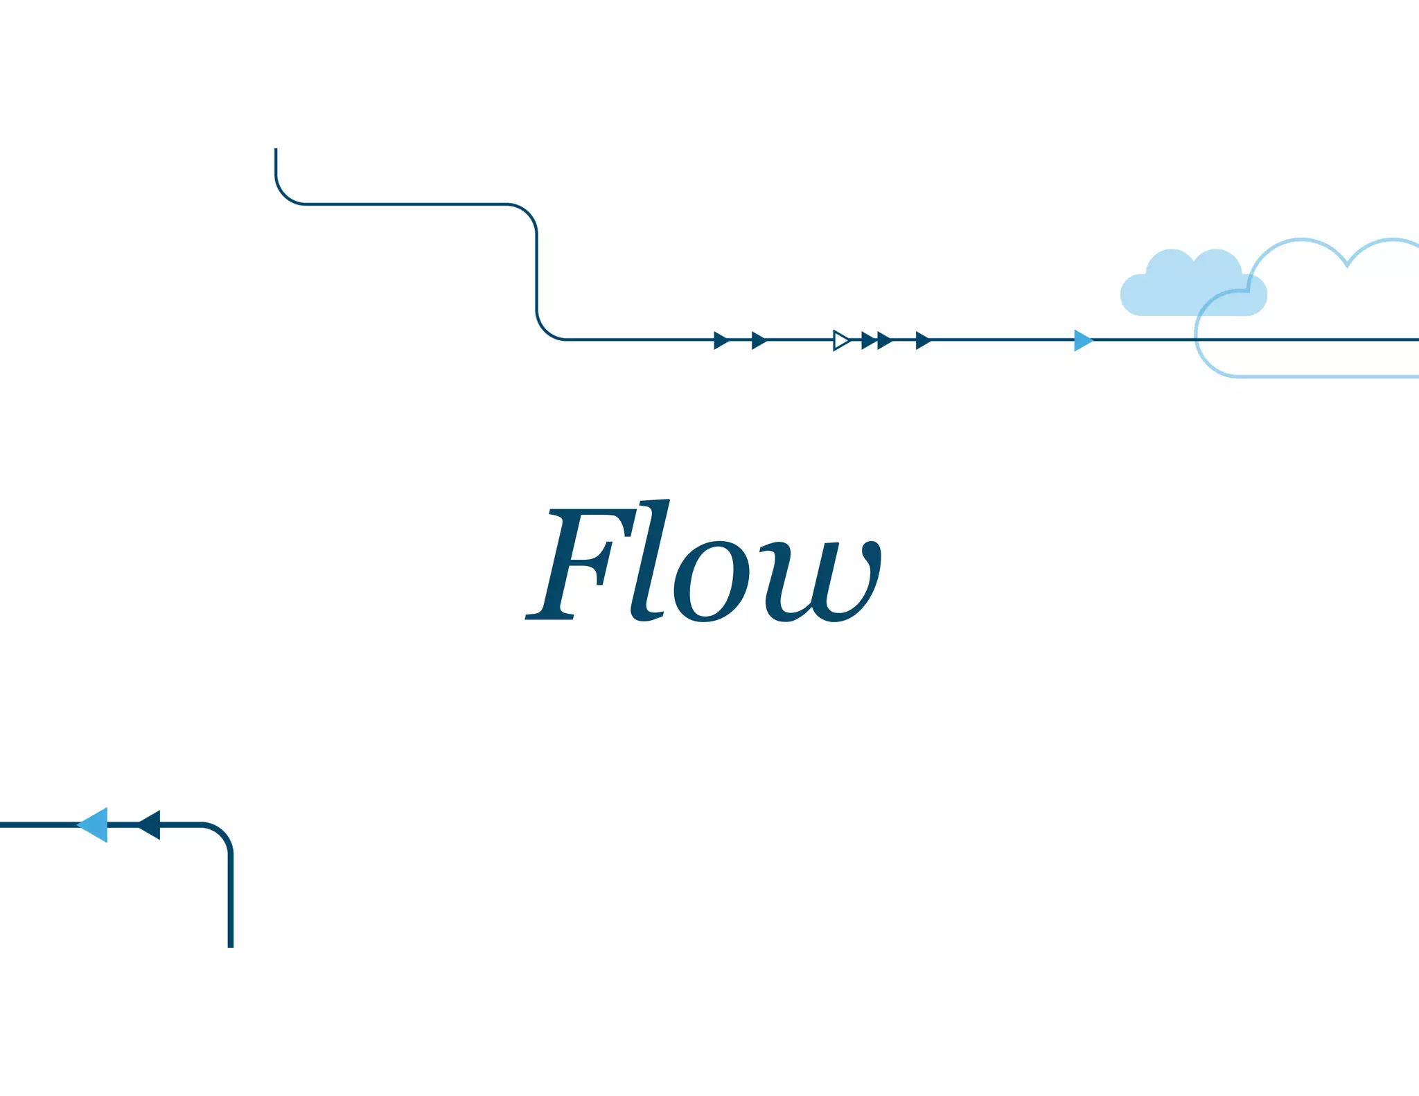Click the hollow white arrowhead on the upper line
point(841,340)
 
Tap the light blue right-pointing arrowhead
point(1082,340)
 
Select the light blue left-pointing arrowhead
point(95,824)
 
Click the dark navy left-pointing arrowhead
point(151,824)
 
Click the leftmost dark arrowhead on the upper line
point(721,340)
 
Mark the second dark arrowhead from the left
point(759,340)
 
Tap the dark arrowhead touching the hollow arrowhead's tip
point(868,340)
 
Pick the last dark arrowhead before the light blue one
point(923,340)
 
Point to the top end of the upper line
point(276,150)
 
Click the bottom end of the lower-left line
point(231,945)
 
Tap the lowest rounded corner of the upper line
point(546,330)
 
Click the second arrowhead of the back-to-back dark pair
point(884,340)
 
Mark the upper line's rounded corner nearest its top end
point(285,195)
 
